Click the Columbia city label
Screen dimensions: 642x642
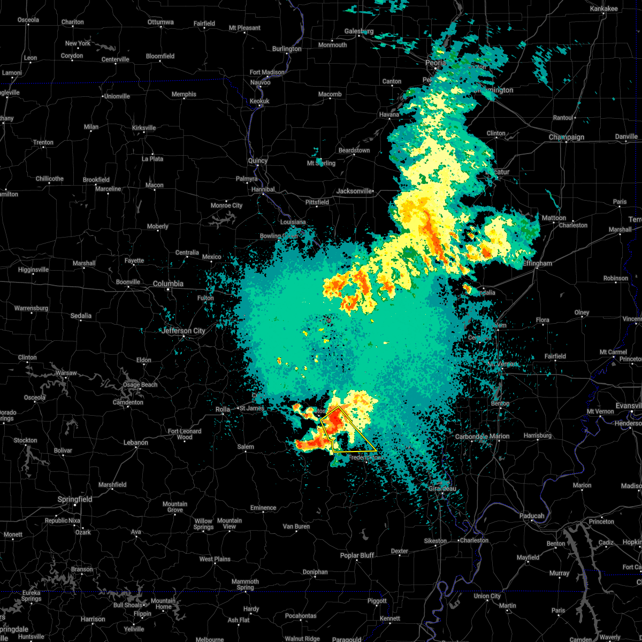(168, 284)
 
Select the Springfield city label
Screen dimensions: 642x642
(75, 499)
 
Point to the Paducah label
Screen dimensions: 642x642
(531, 516)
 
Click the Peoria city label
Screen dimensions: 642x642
(435, 63)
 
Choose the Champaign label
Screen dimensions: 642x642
(566, 137)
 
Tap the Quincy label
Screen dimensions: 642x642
(257, 160)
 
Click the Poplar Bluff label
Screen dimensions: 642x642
(357, 555)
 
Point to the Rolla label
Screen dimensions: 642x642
(223, 409)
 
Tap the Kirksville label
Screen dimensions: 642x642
(143, 128)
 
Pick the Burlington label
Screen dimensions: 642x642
(287, 49)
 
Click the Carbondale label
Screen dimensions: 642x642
(470, 436)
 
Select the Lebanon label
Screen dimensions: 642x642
(135, 442)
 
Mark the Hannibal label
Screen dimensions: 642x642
(263, 189)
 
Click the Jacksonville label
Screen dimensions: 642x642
(354, 191)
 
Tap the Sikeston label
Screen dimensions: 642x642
(435, 541)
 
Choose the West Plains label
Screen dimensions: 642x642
(215, 559)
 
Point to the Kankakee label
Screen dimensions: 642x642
(603, 9)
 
